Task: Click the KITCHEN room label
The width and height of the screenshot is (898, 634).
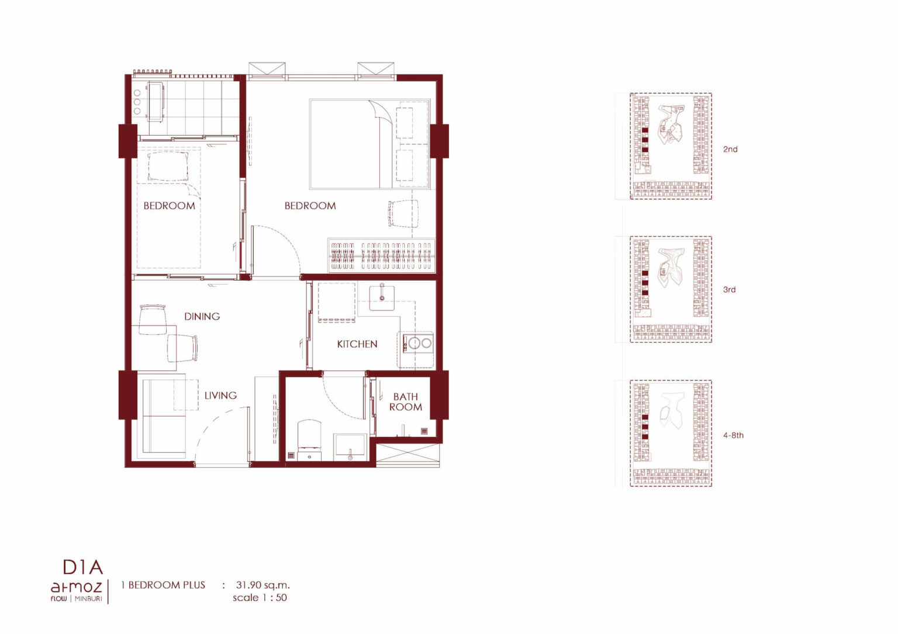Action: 357,344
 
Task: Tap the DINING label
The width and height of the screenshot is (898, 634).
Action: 202,316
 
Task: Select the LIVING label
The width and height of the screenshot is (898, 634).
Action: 220,395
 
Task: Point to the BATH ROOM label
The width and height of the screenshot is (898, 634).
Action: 406,401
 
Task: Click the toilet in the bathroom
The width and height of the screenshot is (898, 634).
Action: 309,439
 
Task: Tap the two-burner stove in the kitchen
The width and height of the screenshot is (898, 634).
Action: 418,343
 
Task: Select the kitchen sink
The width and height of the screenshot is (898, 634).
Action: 382,297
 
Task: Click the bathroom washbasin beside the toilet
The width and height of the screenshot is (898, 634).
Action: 350,446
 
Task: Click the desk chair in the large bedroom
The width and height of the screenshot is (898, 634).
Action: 403,213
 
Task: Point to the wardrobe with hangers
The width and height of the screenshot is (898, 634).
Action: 382,255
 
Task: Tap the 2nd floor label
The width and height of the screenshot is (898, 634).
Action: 730,149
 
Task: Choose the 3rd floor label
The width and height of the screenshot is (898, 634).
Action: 729,289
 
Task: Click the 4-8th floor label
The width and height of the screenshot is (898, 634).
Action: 733,435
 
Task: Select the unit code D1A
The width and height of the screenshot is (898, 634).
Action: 83,567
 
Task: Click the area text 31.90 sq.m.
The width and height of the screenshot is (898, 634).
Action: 263,585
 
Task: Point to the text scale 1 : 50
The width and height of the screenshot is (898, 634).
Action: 260,598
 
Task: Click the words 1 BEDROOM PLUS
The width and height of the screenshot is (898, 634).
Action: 163,585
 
